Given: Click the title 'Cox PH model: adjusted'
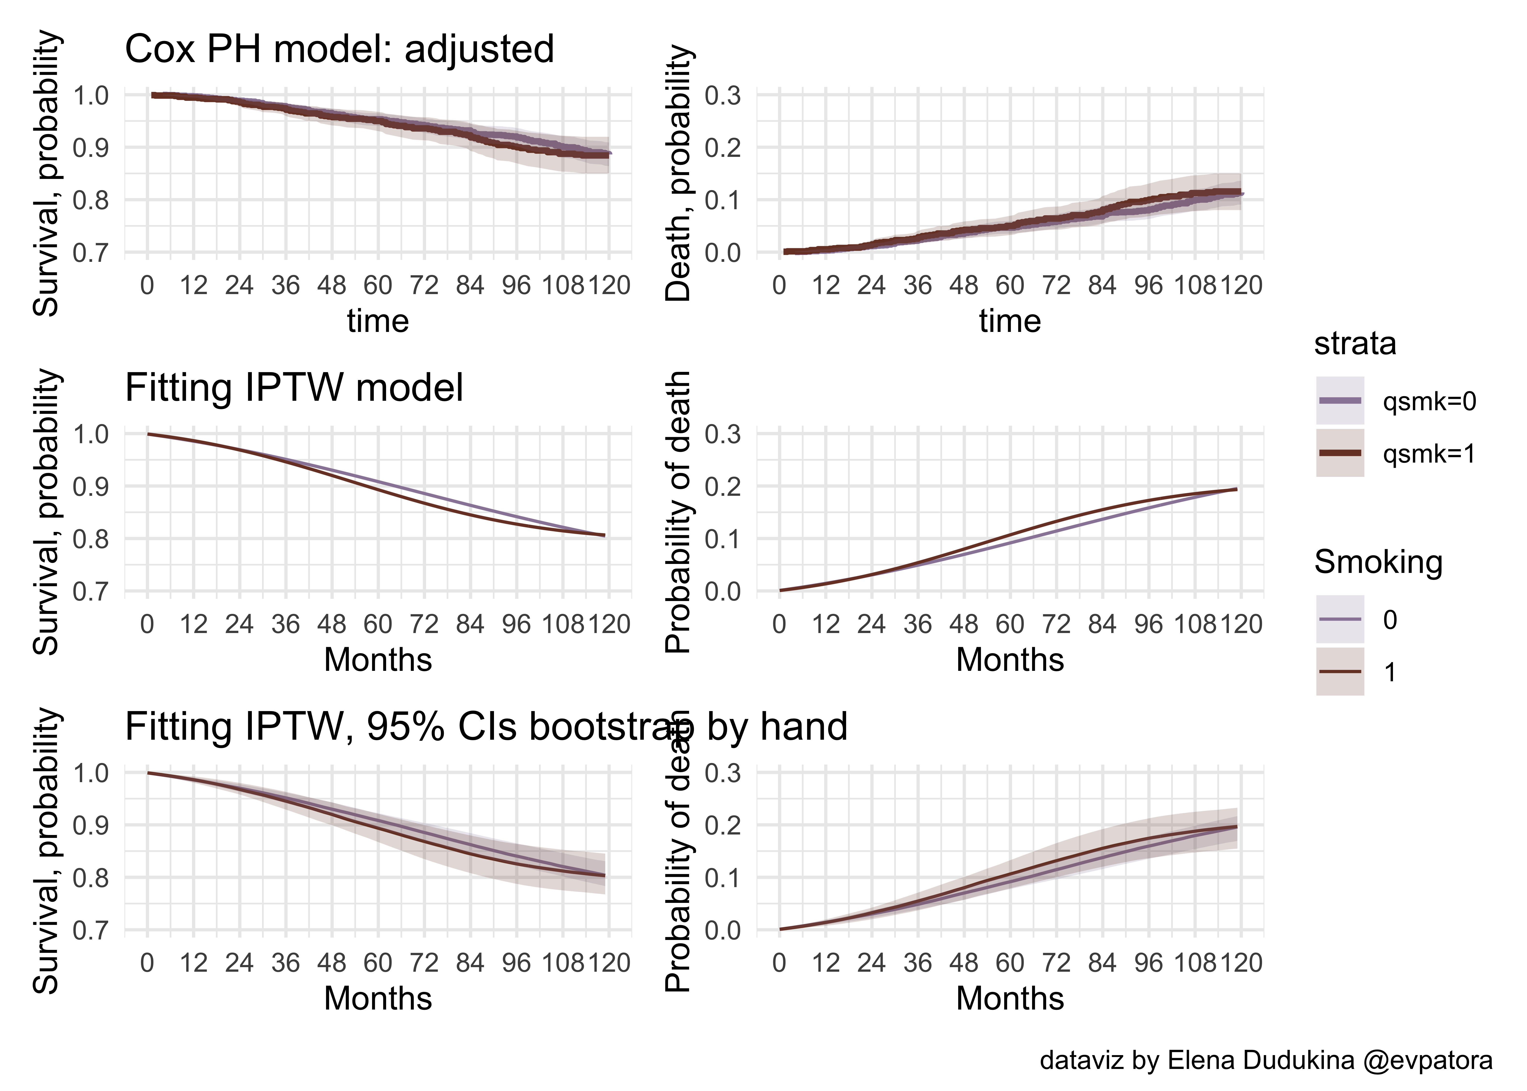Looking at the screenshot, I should pos(339,49).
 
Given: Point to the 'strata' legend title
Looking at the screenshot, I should pos(1354,344).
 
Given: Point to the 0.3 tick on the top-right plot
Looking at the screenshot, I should pos(723,95).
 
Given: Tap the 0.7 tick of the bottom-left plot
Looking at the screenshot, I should pos(91,931).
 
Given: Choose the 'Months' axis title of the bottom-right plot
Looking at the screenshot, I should pos(1009,998).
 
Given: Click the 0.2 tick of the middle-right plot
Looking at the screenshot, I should pos(723,486).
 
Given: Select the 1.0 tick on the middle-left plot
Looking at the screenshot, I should pos(91,434).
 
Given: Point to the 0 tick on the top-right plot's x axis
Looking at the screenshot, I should pos(779,286).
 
